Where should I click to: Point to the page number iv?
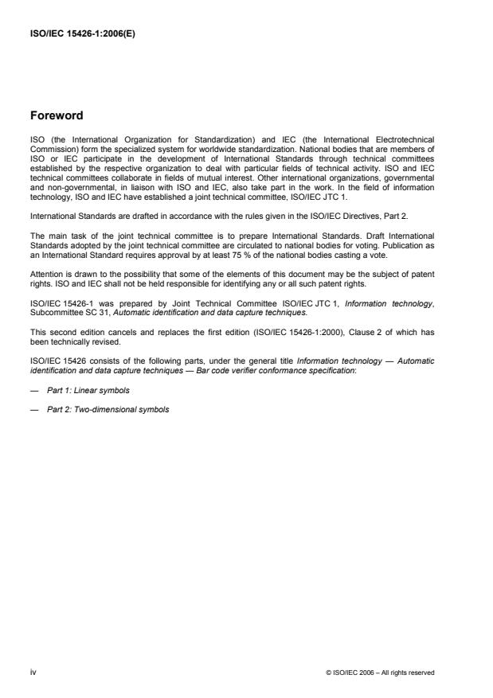click(31, 672)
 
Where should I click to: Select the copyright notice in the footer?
click(381, 673)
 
